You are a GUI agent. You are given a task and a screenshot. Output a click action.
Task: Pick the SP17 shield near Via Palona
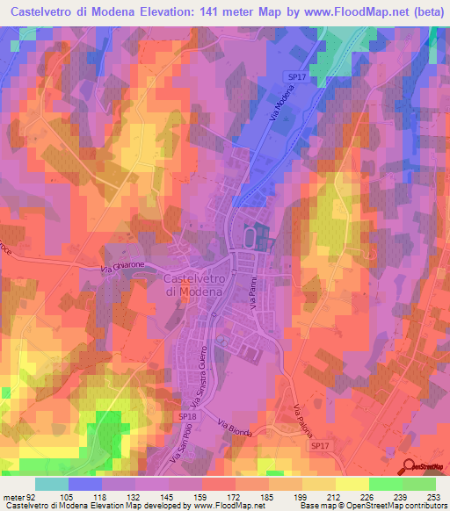[x=322, y=446]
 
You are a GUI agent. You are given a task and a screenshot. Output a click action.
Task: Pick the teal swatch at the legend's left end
[x=52, y=484]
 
